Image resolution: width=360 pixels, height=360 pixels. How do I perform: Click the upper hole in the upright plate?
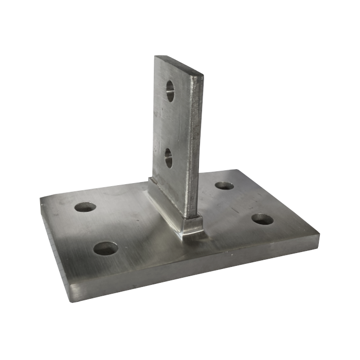[x=170, y=91]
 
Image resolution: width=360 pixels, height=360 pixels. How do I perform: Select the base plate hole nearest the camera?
[x=105, y=248]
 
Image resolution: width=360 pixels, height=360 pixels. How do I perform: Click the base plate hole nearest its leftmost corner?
[x=85, y=207]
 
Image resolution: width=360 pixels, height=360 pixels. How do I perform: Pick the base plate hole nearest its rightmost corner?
[x=262, y=219]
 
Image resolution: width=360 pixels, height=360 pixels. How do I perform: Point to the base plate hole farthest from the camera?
[x=224, y=185]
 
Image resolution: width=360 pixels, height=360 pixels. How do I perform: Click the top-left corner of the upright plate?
[x=156, y=57]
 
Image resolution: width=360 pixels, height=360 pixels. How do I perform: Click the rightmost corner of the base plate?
[x=319, y=235]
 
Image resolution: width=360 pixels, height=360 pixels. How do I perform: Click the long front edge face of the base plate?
[x=195, y=273]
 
